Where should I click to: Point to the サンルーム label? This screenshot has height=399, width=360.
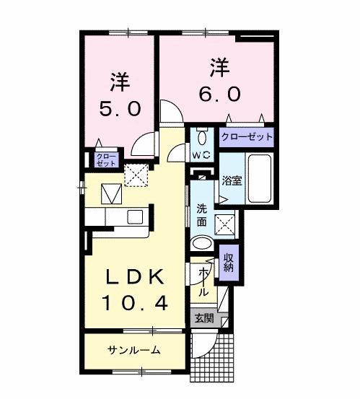[134, 350]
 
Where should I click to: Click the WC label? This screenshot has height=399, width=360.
[200, 154]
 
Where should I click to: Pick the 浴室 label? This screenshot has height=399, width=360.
[232, 180]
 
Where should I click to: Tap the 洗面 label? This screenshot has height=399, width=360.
[201, 215]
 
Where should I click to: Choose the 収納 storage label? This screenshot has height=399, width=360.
[229, 262]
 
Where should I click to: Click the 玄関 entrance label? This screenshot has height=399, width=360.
[203, 317]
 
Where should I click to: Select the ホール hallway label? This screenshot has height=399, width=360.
[203, 282]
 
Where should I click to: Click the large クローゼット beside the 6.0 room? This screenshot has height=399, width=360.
[246, 136]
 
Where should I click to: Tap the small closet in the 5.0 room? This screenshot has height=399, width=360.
[106, 159]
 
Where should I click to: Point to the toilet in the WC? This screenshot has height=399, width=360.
[201, 138]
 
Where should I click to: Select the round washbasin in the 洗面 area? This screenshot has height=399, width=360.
[203, 243]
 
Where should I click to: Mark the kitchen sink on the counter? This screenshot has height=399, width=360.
[135, 216]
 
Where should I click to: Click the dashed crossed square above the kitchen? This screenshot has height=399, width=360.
[136, 175]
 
